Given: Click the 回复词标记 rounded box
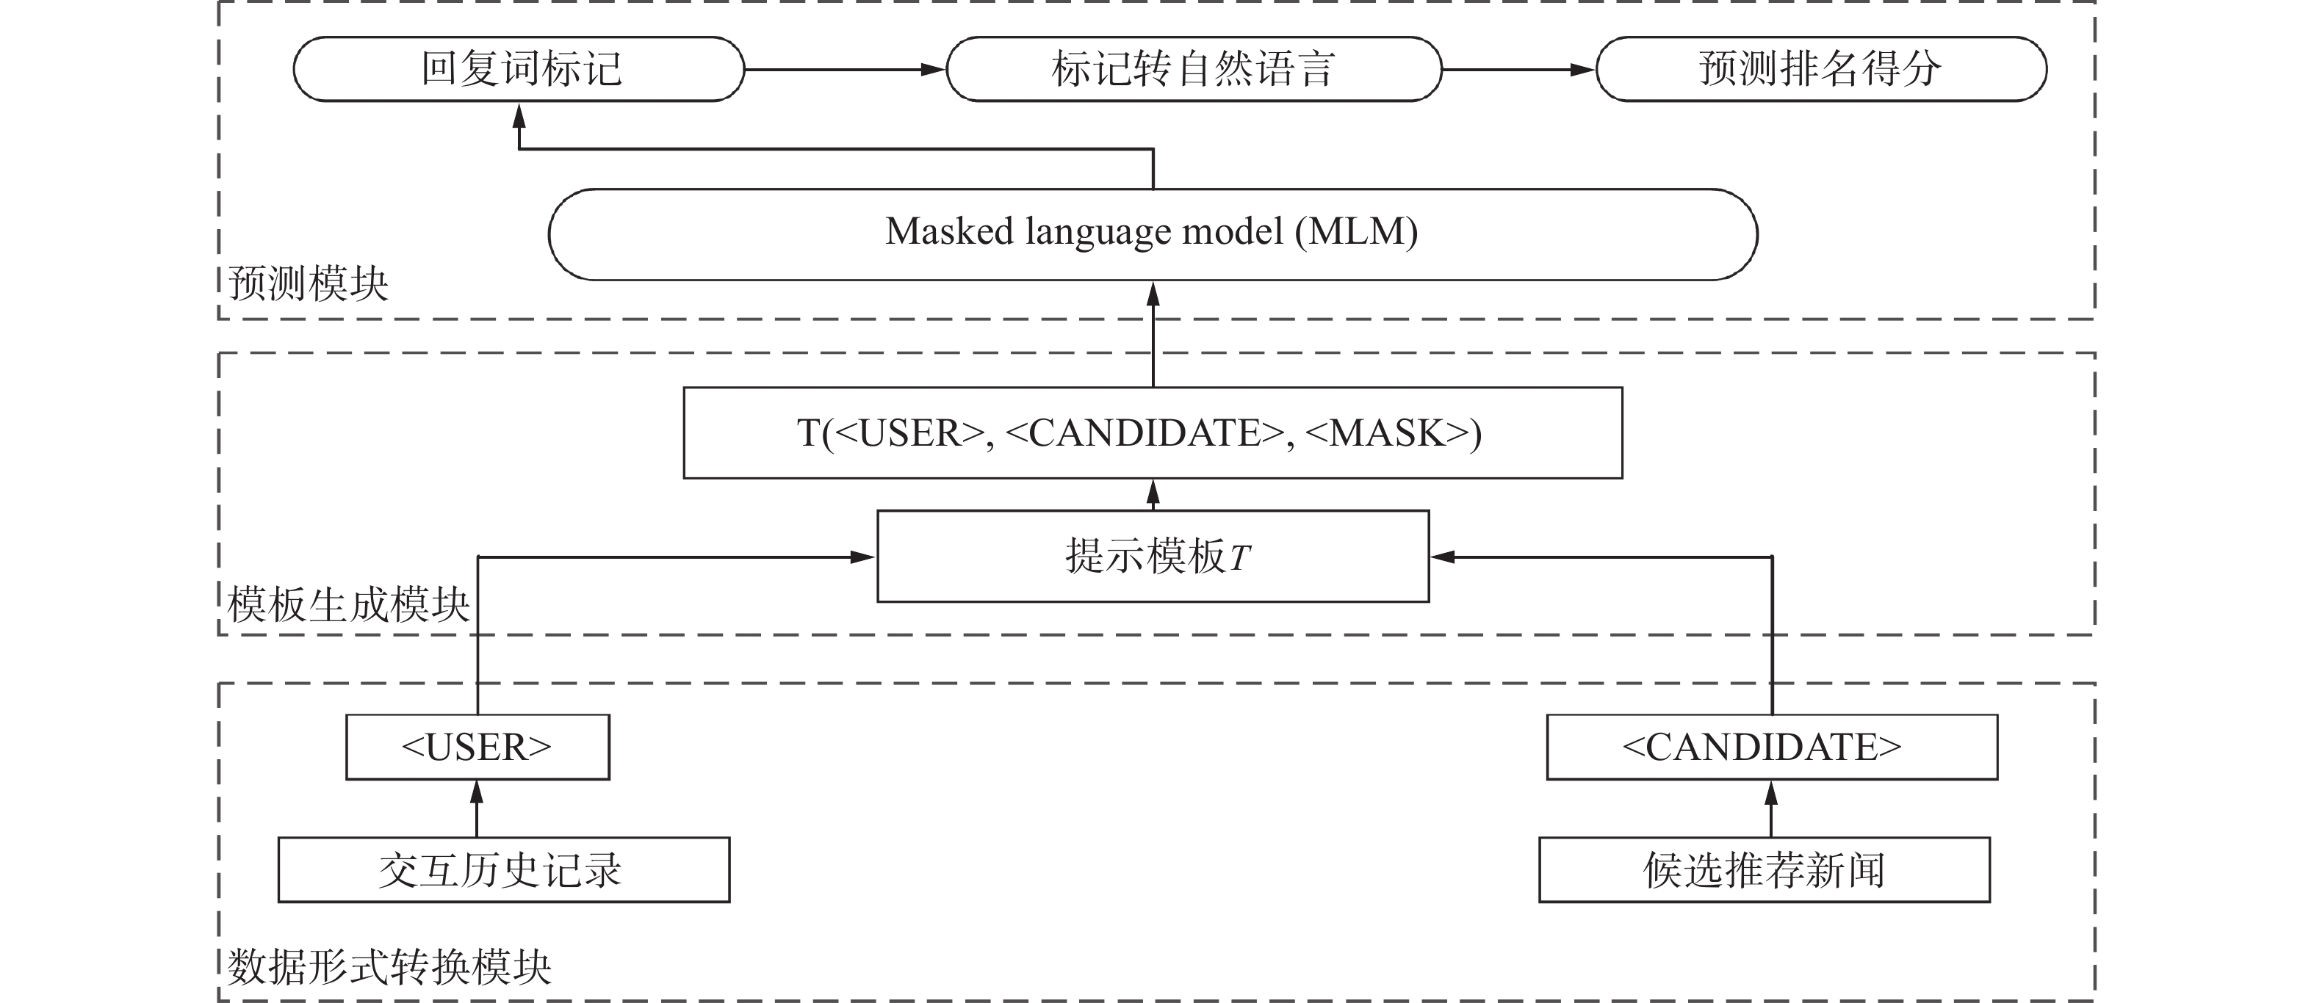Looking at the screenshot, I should tap(519, 69).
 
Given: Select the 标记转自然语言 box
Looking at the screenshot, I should tap(1193, 69).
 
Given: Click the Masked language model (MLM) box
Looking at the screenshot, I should tap(1152, 233).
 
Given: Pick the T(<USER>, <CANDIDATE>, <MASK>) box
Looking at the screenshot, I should tap(1152, 432).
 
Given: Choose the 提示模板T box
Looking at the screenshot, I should tap(1152, 556).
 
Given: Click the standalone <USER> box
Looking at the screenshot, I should tap(477, 747).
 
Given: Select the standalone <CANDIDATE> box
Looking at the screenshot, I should tap(1770, 747).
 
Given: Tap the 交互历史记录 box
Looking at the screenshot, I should tap(503, 869).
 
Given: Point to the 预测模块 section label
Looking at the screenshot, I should tap(308, 283).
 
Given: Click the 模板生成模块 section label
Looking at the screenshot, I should tap(348, 604).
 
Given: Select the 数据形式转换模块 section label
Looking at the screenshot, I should tap(389, 967).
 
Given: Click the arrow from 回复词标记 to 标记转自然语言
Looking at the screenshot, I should tap(844, 69).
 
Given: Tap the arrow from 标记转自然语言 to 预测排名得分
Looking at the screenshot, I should tap(1518, 69).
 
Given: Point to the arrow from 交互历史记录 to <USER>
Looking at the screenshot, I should tap(477, 808).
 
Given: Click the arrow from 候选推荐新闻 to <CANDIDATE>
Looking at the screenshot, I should tap(1770, 808).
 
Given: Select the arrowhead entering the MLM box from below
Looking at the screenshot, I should tap(1153, 294).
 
